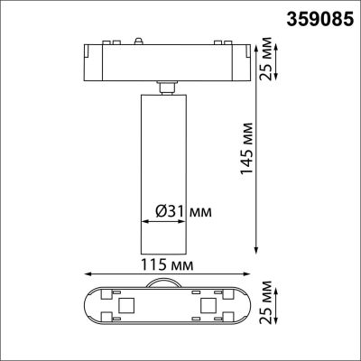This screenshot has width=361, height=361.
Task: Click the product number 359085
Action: pyautogui.click(x=318, y=16)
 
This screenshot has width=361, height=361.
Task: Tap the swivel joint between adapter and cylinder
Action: pyautogui.click(x=167, y=86)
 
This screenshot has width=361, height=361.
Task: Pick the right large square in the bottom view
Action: pyautogui.click(x=206, y=301)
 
